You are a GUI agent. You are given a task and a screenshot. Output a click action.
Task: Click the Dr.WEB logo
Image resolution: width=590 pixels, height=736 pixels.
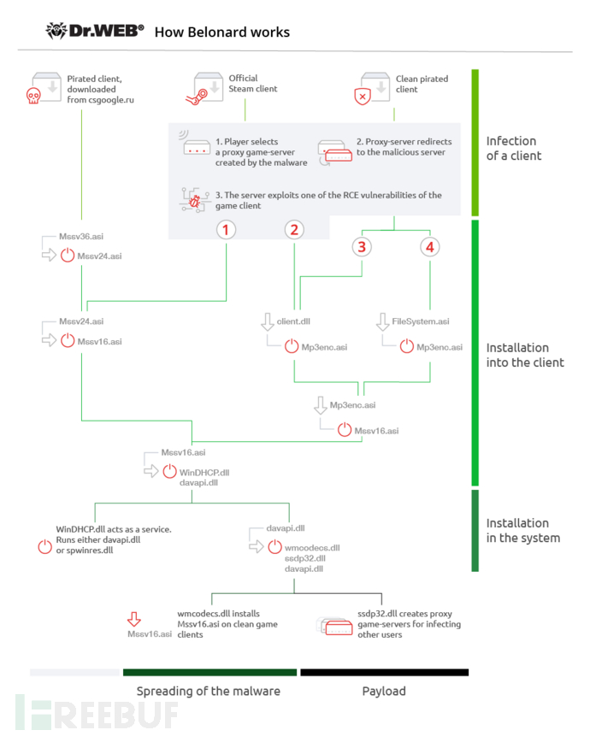(x=95, y=31)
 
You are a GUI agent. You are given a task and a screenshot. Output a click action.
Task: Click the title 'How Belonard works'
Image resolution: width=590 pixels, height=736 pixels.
(x=222, y=32)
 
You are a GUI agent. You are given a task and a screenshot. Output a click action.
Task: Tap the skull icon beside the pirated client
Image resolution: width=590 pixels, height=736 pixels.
(x=33, y=96)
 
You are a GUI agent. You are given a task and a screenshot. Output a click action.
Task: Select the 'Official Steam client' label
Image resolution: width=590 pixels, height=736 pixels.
(x=252, y=84)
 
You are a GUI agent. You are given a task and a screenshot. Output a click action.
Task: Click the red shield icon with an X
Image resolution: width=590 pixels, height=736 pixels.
(x=363, y=97)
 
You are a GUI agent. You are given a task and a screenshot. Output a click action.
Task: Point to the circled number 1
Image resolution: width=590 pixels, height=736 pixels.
(x=226, y=230)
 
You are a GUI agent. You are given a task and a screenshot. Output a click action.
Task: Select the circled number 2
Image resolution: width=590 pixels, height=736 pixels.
(x=294, y=230)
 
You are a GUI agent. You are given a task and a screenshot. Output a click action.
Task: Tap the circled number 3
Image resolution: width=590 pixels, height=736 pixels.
(x=362, y=247)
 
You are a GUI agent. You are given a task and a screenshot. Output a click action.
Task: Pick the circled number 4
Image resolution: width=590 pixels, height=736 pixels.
(x=430, y=247)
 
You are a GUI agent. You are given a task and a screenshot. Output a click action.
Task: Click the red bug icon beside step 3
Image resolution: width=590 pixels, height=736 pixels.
(x=194, y=202)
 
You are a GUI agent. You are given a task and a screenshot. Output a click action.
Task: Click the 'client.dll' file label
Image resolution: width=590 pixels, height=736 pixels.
(x=293, y=321)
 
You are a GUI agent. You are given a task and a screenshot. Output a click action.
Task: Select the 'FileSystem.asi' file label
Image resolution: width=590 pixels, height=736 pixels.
(x=421, y=321)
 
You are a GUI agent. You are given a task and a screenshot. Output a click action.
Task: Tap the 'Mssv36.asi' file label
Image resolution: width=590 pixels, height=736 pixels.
(x=81, y=237)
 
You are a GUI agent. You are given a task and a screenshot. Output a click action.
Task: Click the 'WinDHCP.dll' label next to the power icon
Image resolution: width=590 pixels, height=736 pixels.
(x=204, y=473)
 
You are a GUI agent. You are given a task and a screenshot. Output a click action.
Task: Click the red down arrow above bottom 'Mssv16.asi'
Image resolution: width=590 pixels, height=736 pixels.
(x=134, y=619)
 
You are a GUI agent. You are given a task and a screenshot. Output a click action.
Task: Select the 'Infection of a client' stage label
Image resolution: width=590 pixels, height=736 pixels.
(x=514, y=149)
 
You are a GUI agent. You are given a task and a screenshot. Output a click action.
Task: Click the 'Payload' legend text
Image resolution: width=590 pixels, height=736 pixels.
(x=384, y=691)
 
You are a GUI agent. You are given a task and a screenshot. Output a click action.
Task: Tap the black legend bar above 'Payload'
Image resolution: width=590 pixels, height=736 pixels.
(x=385, y=672)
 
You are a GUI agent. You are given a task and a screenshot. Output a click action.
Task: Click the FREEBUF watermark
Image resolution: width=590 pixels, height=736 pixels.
(x=97, y=714)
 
